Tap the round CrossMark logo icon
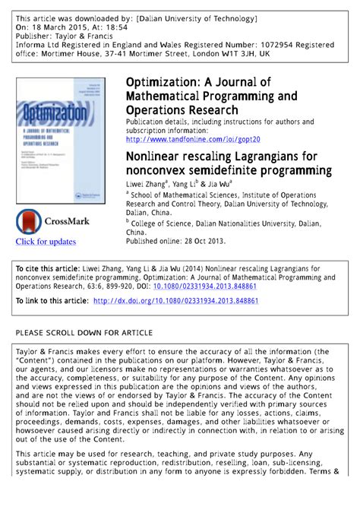(30, 222)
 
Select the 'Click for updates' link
(46, 242)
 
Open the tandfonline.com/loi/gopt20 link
(193, 140)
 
